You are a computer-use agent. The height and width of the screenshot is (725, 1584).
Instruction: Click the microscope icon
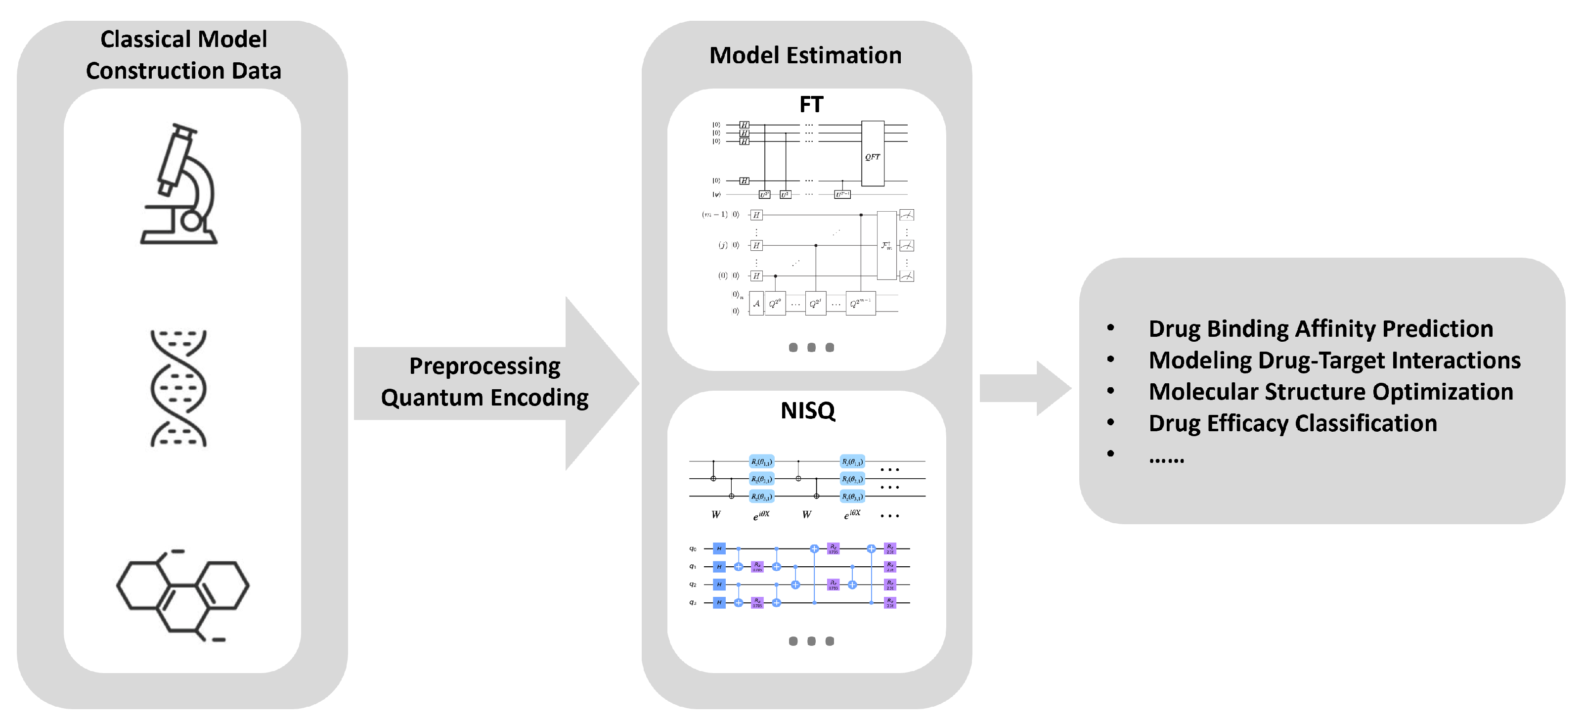178,184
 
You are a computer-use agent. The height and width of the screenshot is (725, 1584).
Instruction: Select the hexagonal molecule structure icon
182,594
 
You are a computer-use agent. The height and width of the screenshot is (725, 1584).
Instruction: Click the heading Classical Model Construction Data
183,55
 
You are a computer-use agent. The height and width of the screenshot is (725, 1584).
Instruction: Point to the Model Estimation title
805,55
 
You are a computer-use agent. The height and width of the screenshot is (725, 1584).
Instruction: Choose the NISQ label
807,410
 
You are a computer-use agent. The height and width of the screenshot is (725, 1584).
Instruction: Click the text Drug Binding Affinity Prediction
1320,329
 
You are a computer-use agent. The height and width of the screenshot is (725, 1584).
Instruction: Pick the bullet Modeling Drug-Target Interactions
1334,361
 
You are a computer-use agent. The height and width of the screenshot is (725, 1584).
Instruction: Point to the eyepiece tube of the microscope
175,157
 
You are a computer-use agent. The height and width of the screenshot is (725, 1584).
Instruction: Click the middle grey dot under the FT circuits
811,348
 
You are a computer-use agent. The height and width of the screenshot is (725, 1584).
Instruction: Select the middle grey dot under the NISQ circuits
811,641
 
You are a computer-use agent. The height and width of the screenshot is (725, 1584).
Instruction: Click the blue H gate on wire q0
719,548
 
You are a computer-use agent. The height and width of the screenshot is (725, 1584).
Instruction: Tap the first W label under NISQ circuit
716,515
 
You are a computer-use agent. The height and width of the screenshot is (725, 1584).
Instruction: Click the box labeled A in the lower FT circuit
756,304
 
